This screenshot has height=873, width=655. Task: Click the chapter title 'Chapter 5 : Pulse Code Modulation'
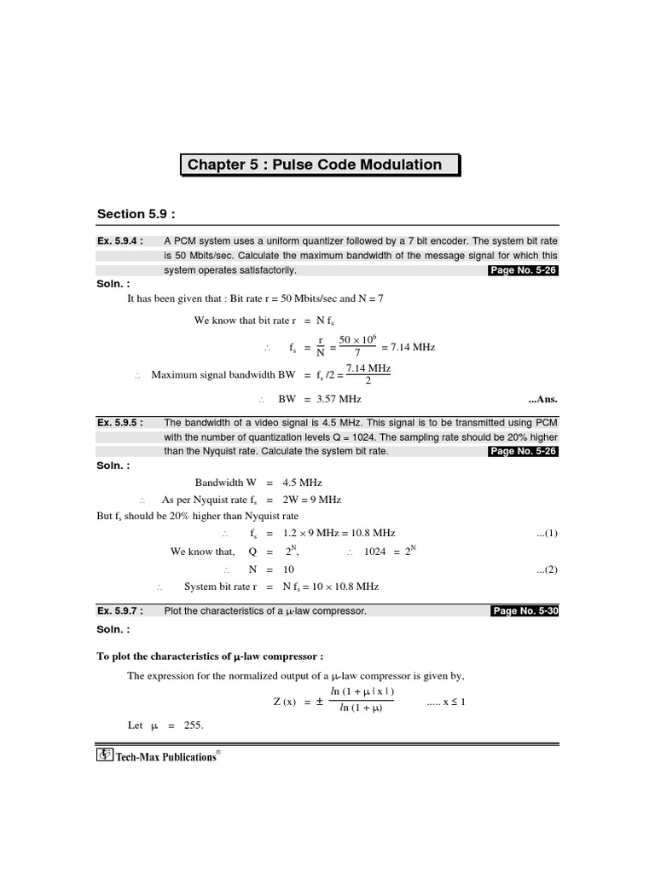click(x=315, y=165)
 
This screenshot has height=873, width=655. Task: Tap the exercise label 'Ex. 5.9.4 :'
click(x=120, y=241)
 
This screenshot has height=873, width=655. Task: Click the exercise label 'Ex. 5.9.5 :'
click(x=120, y=422)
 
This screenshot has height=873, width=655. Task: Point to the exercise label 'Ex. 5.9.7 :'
click(x=120, y=610)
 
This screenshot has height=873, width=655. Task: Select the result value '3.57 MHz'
click(x=339, y=398)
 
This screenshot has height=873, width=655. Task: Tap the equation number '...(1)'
click(x=547, y=533)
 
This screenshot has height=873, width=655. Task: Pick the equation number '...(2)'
click(x=547, y=569)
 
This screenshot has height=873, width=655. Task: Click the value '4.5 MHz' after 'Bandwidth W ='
click(x=302, y=483)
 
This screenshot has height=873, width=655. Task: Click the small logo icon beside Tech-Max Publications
click(x=105, y=755)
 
